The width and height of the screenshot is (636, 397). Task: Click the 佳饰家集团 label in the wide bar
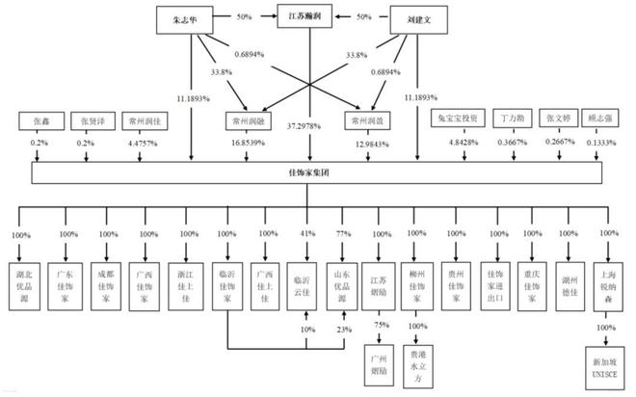[308, 174]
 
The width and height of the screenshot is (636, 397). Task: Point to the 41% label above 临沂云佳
[306, 234]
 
